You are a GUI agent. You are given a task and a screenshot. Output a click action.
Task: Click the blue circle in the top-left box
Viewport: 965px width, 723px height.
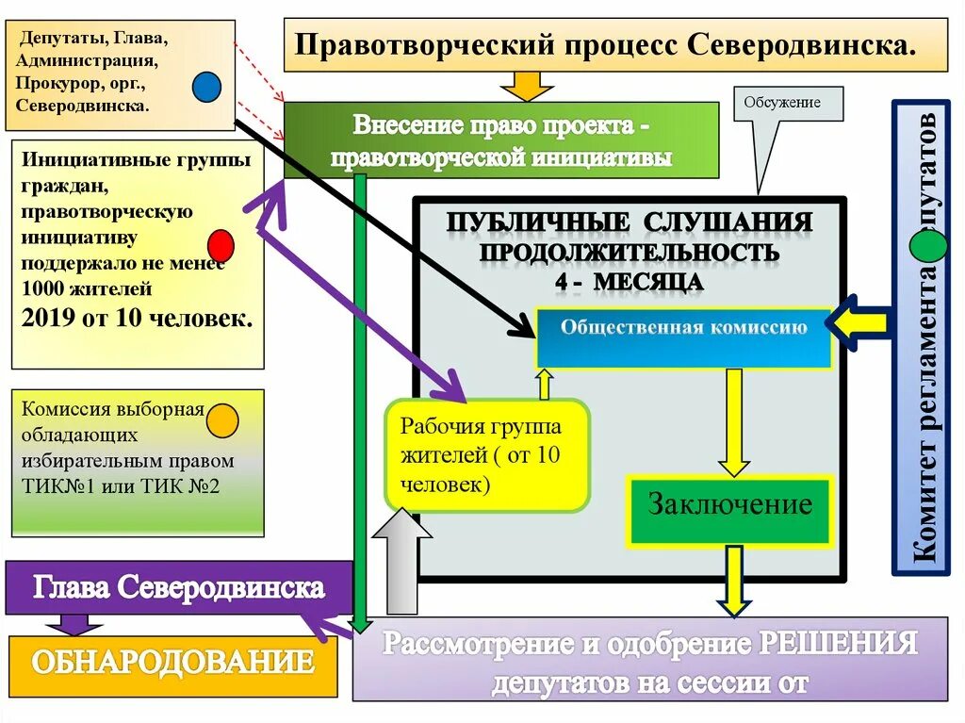206,87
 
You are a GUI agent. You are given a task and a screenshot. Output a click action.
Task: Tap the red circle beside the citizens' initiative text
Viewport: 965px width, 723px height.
221,245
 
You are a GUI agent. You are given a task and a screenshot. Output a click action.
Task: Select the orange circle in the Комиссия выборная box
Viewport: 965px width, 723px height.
222,420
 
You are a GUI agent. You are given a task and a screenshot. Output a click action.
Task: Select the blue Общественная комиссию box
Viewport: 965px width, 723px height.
683,337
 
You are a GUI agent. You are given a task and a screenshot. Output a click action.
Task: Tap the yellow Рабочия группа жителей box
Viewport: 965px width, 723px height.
486,455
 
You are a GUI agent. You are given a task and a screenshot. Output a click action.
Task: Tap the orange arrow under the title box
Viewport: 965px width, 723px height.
526,86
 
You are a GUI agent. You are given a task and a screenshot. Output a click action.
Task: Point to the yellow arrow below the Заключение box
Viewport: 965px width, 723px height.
732,580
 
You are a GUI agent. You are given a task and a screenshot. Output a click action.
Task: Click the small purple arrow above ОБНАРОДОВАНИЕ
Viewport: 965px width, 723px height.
72,625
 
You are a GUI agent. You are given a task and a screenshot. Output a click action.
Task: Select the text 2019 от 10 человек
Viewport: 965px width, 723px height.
137,319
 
